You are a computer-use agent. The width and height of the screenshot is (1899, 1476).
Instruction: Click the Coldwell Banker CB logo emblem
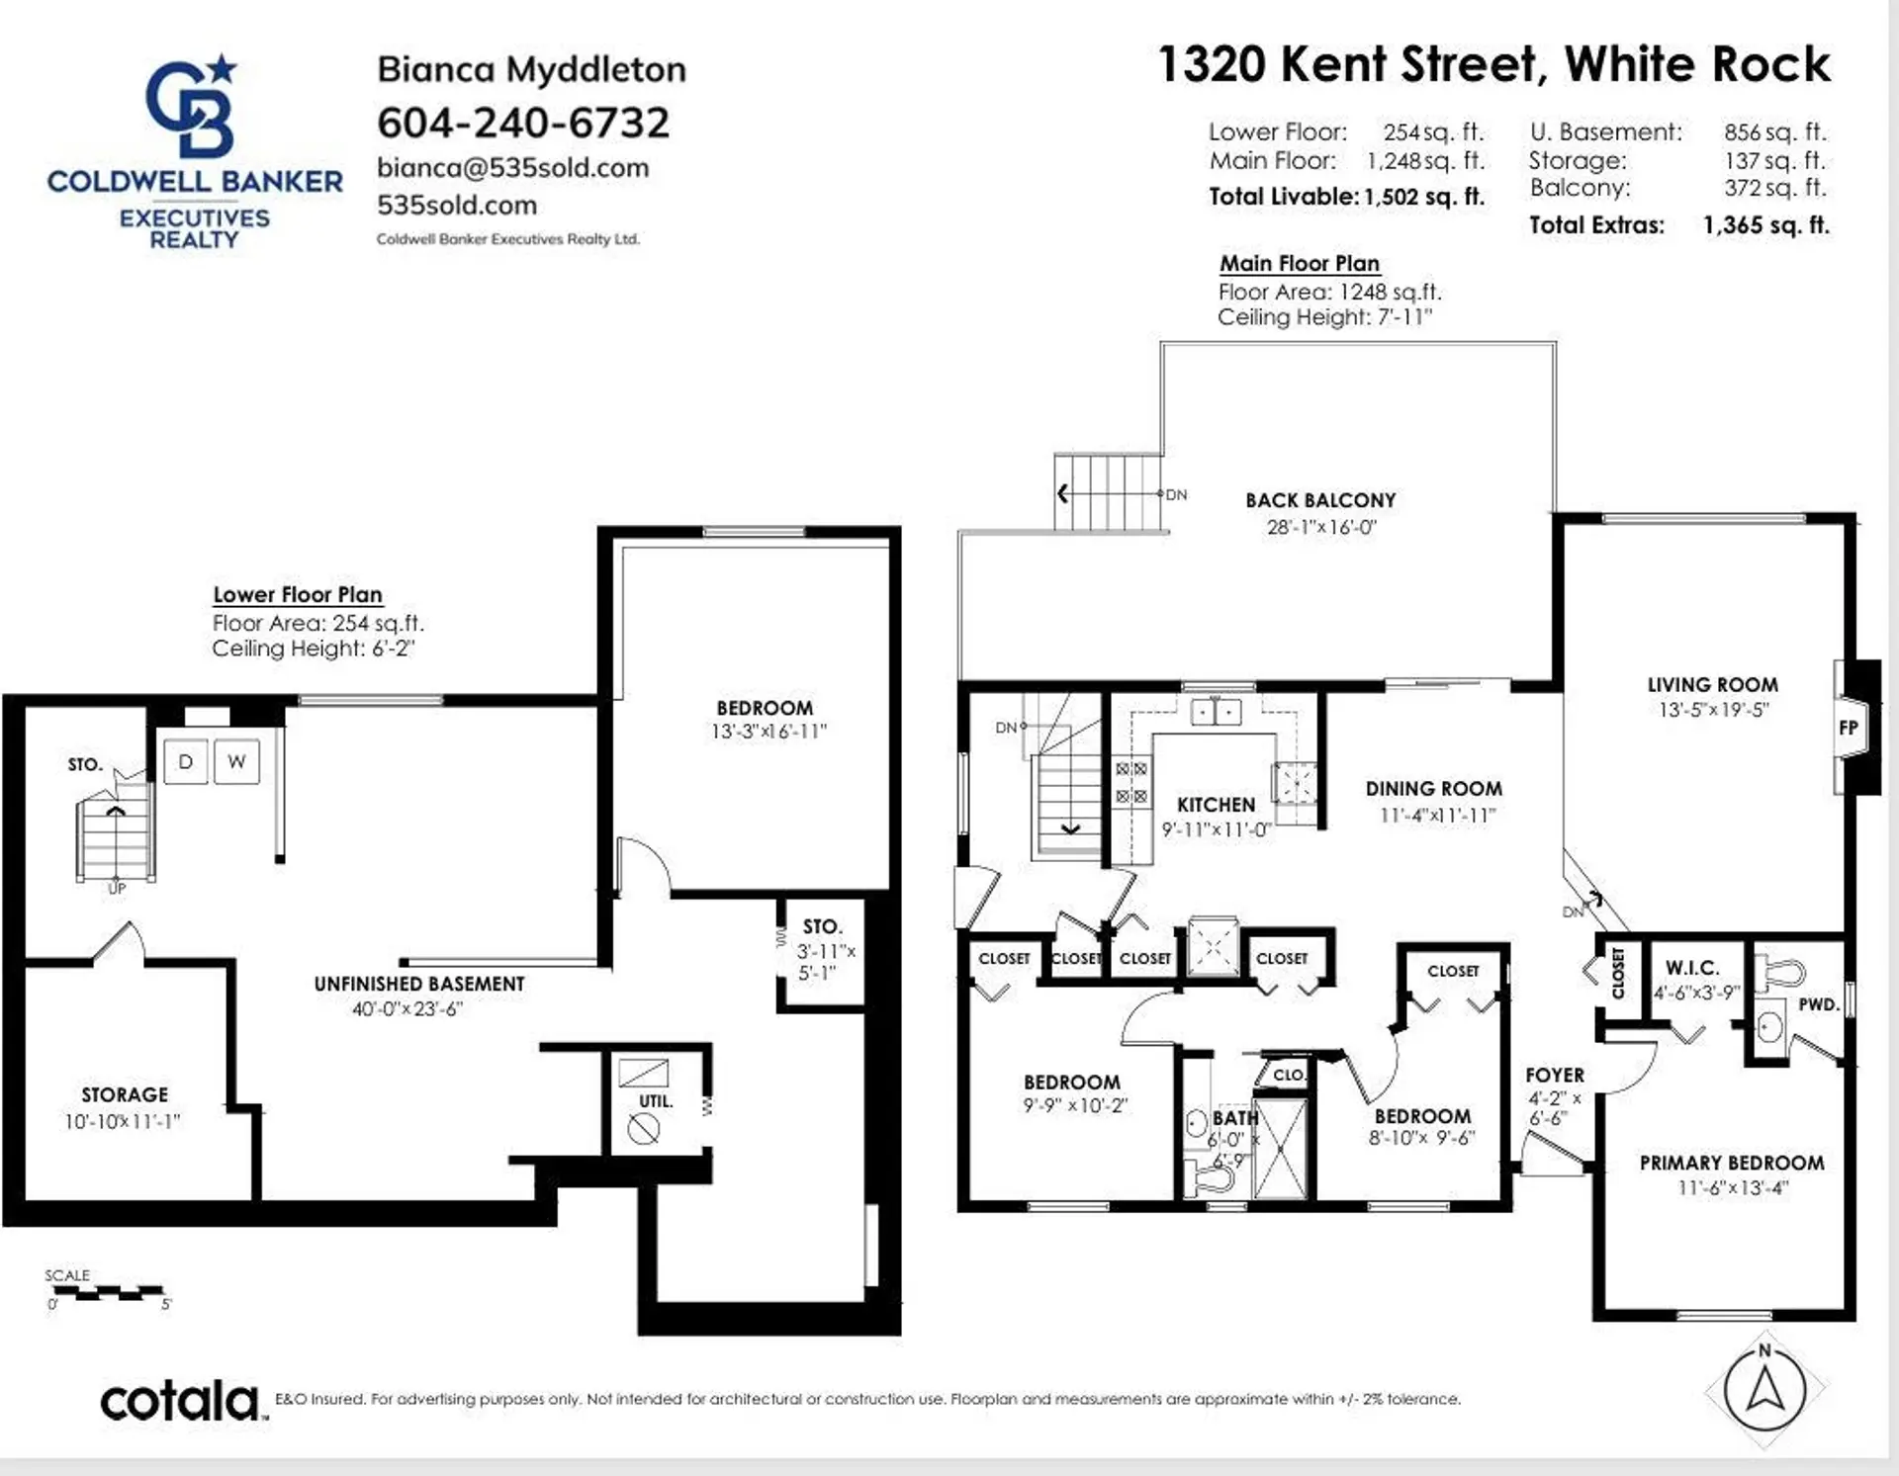click(193, 107)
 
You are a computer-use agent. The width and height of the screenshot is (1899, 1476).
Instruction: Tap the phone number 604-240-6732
click(523, 123)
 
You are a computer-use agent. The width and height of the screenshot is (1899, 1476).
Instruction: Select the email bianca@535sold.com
click(512, 168)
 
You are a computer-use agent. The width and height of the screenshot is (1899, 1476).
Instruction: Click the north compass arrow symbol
click(1765, 1389)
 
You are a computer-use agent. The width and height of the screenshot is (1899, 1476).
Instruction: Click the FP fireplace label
click(1849, 728)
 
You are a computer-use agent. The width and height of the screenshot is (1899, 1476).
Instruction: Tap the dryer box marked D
click(185, 762)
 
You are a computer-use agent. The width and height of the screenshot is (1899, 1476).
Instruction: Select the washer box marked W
click(236, 762)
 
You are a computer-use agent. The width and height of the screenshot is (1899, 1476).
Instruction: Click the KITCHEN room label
click(1216, 805)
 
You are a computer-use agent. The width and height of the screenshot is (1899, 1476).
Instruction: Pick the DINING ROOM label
click(1433, 789)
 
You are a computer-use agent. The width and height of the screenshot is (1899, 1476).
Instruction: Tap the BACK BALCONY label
click(1320, 500)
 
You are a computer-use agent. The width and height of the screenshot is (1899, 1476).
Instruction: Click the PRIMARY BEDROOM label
click(1731, 1163)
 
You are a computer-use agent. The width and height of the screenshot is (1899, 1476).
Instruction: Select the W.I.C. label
click(1692, 968)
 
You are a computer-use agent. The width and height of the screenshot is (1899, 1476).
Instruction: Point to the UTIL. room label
click(655, 1101)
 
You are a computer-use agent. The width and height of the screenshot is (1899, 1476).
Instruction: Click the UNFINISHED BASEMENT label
click(419, 984)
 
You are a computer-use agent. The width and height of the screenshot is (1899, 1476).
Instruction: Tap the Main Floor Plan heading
click(1299, 264)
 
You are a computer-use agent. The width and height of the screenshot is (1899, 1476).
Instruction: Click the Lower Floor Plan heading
click(298, 595)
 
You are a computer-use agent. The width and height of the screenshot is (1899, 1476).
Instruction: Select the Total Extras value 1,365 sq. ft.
click(1765, 225)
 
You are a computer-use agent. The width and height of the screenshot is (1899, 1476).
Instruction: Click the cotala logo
click(181, 1402)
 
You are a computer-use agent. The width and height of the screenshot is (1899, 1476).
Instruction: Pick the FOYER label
click(1555, 1075)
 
